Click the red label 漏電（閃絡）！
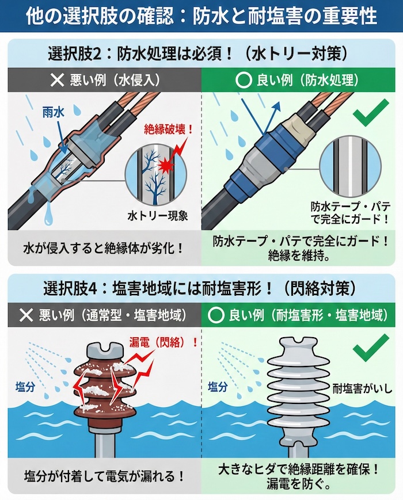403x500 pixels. coord(163,342)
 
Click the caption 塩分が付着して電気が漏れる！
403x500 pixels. coord(104,476)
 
